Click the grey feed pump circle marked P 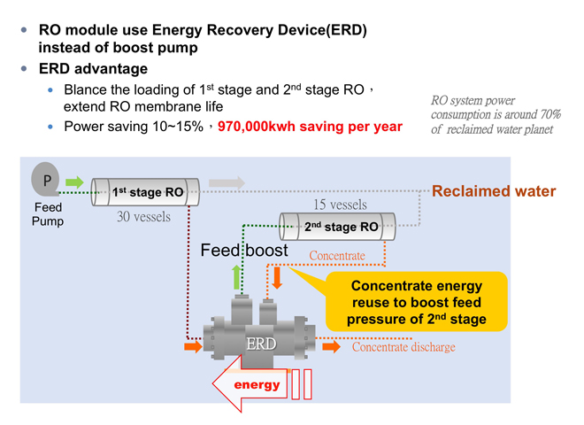click(x=45, y=180)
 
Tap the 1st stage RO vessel click(x=145, y=192)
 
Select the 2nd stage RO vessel click(x=337, y=227)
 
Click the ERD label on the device click(x=261, y=344)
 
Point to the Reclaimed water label click(x=494, y=191)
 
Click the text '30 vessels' click(x=143, y=217)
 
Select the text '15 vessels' click(x=340, y=205)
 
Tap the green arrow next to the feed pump click(x=74, y=182)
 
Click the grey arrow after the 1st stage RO click(x=227, y=182)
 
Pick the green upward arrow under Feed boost click(x=236, y=277)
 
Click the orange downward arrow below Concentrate click(x=277, y=277)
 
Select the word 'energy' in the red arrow click(x=257, y=385)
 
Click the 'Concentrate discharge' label click(x=403, y=347)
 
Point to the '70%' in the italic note click(x=550, y=114)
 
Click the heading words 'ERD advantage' click(x=93, y=69)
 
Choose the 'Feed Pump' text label click(x=48, y=214)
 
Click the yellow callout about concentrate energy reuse click(x=417, y=302)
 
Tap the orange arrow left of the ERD click(x=193, y=347)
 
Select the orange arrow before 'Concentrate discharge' click(x=332, y=347)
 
